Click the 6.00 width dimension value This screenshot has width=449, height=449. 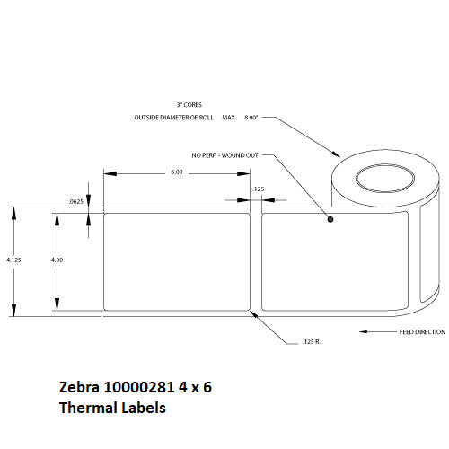coord(177,172)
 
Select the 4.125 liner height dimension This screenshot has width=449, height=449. coord(13,260)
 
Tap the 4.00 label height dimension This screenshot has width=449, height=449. coord(57,260)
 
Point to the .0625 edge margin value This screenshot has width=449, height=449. coord(76,201)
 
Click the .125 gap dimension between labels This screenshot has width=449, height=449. coord(259,189)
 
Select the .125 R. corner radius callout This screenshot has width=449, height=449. coord(312,341)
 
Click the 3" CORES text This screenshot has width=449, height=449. coord(189,105)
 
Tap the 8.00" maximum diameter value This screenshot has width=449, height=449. coord(251,118)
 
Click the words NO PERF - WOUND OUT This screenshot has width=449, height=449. coord(224,155)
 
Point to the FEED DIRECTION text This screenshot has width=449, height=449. coord(422,332)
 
